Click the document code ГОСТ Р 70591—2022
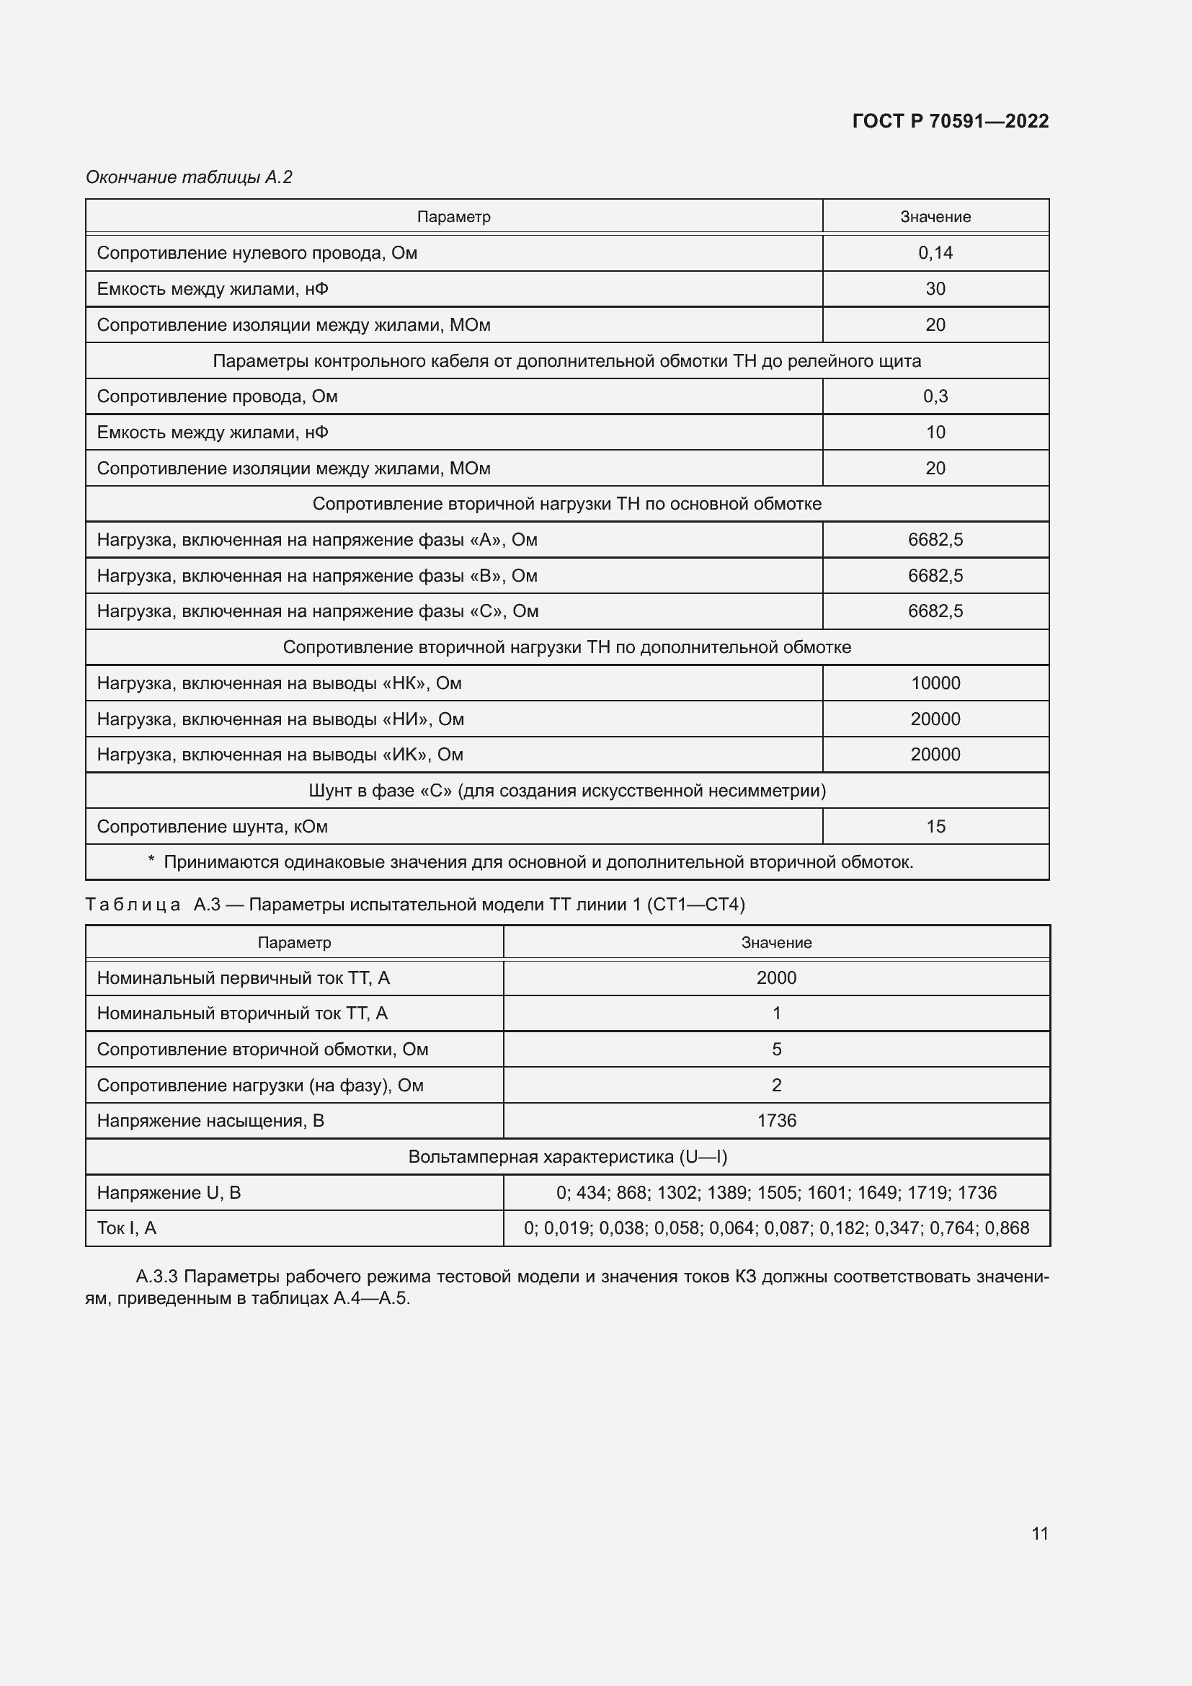(950, 121)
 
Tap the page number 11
(1039, 1533)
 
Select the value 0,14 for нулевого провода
(935, 252)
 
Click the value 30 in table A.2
(935, 288)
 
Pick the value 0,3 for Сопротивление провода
(935, 396)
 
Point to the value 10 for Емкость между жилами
(935, 432)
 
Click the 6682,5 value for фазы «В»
(935, 576)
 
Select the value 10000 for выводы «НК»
(935, 683)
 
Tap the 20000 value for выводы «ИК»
(935, 755)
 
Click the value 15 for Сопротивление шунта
(935, 827)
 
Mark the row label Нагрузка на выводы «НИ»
(280, 719)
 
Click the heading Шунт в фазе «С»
(566, 791)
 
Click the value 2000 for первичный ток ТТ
(777, 978)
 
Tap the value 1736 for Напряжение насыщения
(777, 1122)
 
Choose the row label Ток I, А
(126, 1228)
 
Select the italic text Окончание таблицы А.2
(190, 177)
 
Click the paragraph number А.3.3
(156, 1277)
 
